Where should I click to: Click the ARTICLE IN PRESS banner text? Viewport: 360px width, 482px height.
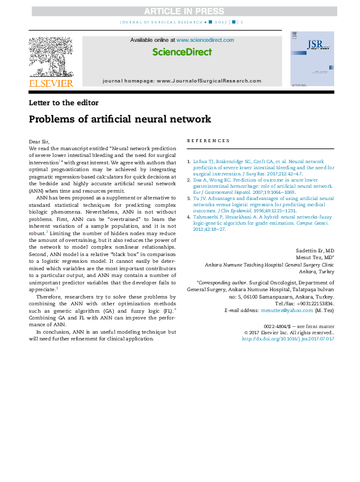(x=180, y=11)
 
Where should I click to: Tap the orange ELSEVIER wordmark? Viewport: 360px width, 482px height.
(x=50, y=83)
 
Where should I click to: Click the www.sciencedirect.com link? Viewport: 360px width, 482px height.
(x=205, y=40)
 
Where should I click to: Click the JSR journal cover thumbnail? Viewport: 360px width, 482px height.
(x=312, y=58)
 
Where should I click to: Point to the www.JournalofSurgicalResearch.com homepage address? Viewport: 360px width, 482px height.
(x=209, y=81)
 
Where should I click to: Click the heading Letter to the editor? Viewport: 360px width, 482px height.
(x=63, y=103)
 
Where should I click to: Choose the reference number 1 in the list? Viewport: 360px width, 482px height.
(x=188, y=161)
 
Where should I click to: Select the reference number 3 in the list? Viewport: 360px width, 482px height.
(x=188, y=199)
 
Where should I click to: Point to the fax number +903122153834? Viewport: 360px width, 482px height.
(x=315, y=303)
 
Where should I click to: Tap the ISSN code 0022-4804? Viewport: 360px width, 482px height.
(x=277, y=326)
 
